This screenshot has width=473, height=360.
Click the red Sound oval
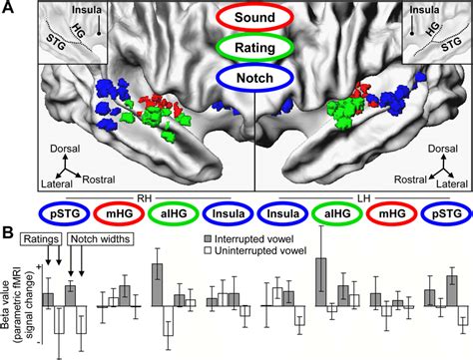tap(236, 18)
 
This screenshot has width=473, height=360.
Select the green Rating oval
tap(236, 47)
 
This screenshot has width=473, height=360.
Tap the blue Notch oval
tap(236, 76)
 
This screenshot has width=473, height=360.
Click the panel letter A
tap(9, 9)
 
